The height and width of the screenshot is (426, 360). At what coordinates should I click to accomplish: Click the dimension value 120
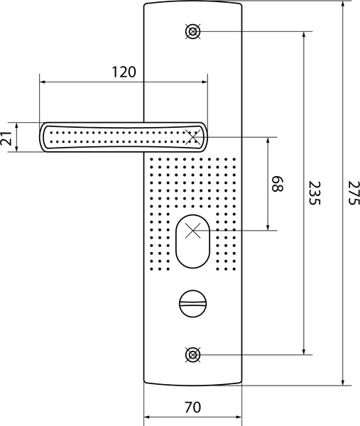124,72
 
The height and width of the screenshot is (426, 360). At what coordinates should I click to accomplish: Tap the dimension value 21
6,138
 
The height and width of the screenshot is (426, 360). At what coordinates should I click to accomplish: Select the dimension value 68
278,184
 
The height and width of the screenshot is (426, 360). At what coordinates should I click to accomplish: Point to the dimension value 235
315,193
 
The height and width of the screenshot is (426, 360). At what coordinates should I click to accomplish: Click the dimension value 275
354,193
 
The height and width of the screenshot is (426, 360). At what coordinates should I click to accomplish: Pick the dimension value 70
192,408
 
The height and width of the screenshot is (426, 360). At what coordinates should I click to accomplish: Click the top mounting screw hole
193,31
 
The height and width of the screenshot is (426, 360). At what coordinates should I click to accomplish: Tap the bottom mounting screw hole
193,355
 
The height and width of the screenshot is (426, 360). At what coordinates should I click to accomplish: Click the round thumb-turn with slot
193,303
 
